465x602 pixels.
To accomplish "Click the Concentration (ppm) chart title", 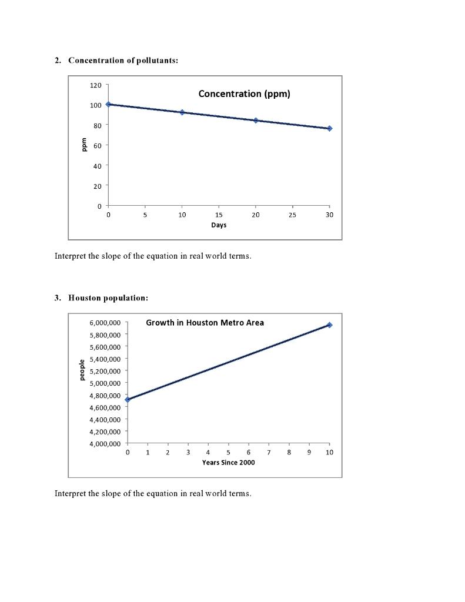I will [244, 93].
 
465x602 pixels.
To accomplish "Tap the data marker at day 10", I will [182, 112].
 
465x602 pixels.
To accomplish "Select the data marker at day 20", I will [256, 120].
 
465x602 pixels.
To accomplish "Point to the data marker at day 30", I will [330, 128].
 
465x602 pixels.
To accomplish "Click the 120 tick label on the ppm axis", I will [96, 85].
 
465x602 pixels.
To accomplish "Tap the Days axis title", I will [219, 225].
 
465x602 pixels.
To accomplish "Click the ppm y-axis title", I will [83, 145].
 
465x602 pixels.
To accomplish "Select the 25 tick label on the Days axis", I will [292, 215].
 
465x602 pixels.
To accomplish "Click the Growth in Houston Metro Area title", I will [205, 323].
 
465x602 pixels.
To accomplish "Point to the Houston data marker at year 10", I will [330, 325].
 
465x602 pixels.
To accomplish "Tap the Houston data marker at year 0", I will [128, 400].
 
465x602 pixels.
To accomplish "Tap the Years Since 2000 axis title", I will [228, 463].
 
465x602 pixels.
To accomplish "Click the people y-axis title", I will [82, 370].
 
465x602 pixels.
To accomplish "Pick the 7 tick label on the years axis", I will [269, 453].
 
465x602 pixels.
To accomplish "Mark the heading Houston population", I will [108, 298].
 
